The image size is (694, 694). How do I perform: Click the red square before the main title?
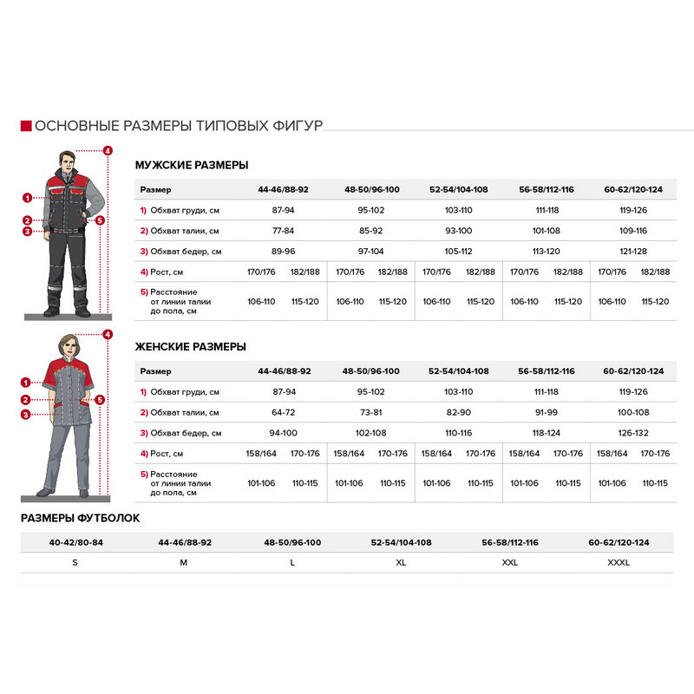click(x=25, y=126)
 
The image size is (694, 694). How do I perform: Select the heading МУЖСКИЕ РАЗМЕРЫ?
click(x=192, y=165)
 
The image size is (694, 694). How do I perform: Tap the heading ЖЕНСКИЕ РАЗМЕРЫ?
click(x=191, y=346)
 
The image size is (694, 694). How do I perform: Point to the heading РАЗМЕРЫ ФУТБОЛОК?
click(x=80, y=518)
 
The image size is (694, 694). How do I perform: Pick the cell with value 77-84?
click(x=284, y=231)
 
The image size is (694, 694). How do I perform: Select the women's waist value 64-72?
click(x=284, y=412)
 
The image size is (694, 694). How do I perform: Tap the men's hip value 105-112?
click(x=458, y=252)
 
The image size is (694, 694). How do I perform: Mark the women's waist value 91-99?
click(x=547, y=412)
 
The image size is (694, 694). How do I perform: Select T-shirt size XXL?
click(x=510, y=562)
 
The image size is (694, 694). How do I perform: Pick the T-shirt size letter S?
click(x=75, y=562)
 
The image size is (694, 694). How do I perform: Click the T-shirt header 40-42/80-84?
click(x=75, y=542)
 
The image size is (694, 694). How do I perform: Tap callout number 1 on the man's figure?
click(x=27, y=198)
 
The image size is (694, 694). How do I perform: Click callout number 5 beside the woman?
click(x=100, y=400)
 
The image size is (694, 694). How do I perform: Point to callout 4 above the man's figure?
click(x=108, y=151)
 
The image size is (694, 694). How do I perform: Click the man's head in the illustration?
click(x=67, y=161)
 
